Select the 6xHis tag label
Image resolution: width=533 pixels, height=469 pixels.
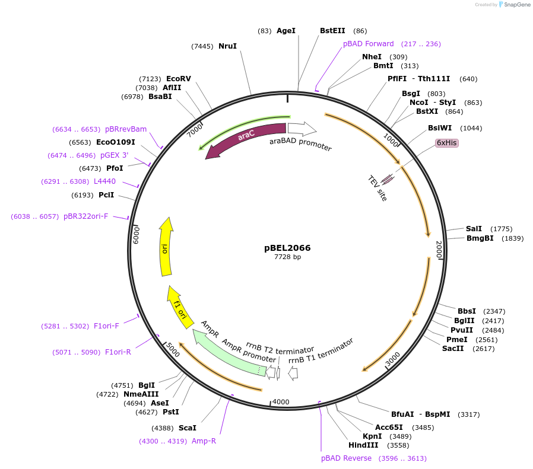pyautogui.click(x=446, y=143)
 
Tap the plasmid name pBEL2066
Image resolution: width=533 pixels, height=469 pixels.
pyautogui.click(x=287, y=248)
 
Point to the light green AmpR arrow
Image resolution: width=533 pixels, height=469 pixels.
pyautogui.click(x=229, y=355)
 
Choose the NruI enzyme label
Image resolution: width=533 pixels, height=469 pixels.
pyautogui.click(x=227, y=46)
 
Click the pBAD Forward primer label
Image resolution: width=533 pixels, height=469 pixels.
pyautogui.click(x=368, y=44)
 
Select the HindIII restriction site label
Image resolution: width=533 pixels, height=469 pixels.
pyautogui.click(x=363, y=445)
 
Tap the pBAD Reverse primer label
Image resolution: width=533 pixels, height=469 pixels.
pyautogui.click(x=346, y=458)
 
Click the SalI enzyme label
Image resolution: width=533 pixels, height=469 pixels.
pyautogui.click(x=474, y=229)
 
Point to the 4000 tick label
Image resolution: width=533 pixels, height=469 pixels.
pyautogui.click(x=281, y=402)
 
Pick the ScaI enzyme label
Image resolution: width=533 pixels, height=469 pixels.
pyautogui.click(x=187, y=427)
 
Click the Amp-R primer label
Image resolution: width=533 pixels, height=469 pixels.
pyautogui.click(x=204, y=441)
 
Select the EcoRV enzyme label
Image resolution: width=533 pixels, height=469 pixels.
pyautogui.click(x=178, y=79)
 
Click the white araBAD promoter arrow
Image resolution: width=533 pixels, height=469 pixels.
pyautogui.click(x=302, y=128)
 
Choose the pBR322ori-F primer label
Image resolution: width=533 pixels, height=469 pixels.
pyautogui.click(x=86, y=216)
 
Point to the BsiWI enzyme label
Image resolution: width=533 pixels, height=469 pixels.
pyautogui.click(x=440, y=128)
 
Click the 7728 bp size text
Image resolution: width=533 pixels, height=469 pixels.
pyautogui.click(x=287, y=257)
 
